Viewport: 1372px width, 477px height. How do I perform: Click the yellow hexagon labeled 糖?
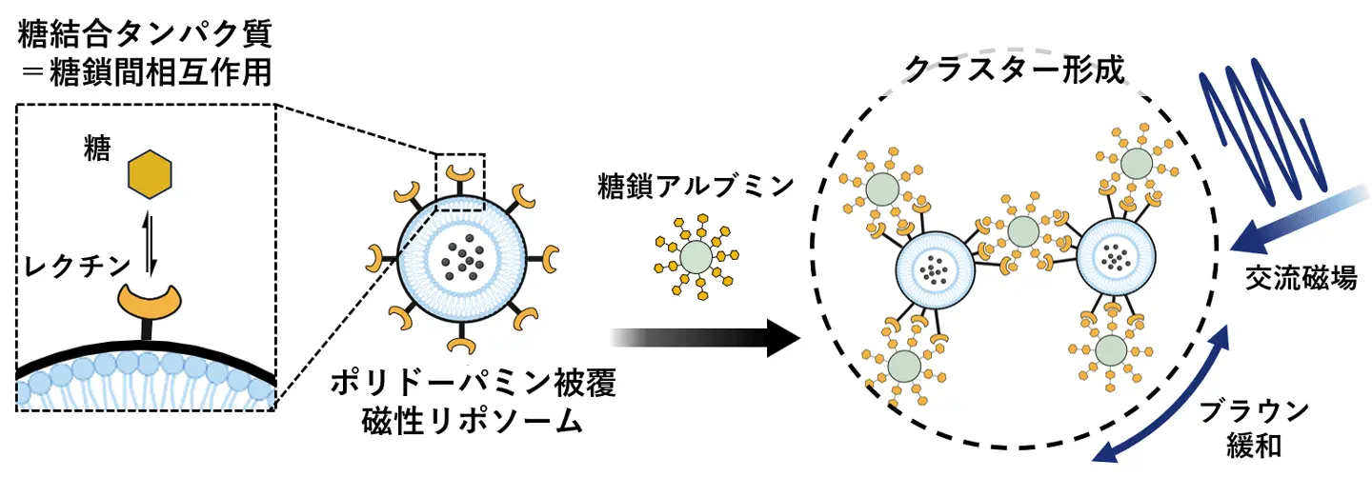tap(151, 172)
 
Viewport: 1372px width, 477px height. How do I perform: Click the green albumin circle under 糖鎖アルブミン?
tap(696, 257)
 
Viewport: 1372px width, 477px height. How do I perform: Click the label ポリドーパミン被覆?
tap(474, 386)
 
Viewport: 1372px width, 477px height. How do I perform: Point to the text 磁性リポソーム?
tap(474, 423)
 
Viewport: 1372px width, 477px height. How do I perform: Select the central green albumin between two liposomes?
tap(1022, 230)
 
